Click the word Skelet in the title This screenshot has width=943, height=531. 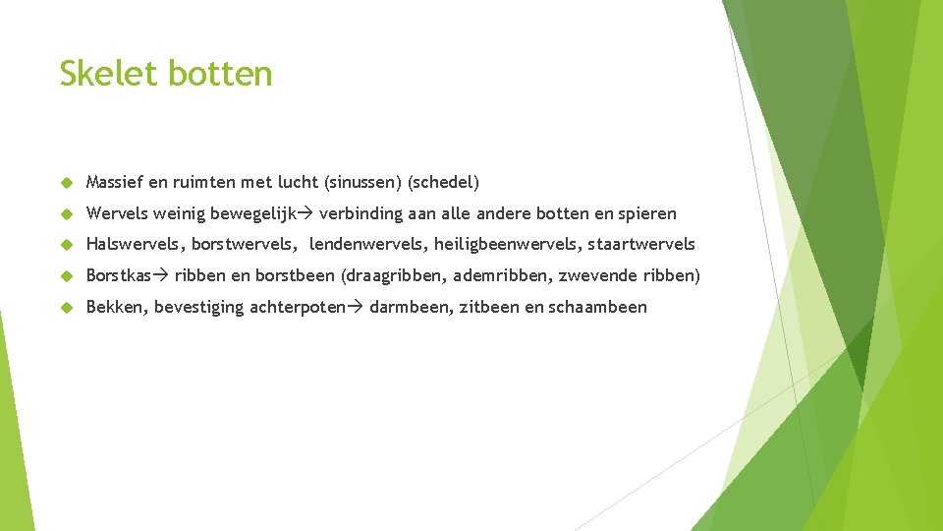(109, 74)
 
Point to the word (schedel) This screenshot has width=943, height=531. (443, 182)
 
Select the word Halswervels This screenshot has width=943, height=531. (135, 244)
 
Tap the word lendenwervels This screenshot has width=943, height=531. (364, 244)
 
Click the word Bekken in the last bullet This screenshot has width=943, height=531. (115, 307)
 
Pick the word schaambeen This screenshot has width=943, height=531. (598, 307)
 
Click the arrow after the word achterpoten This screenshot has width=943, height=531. (356, 307)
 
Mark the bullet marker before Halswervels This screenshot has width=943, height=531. (67, 245)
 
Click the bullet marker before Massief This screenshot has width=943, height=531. (67, 183)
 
